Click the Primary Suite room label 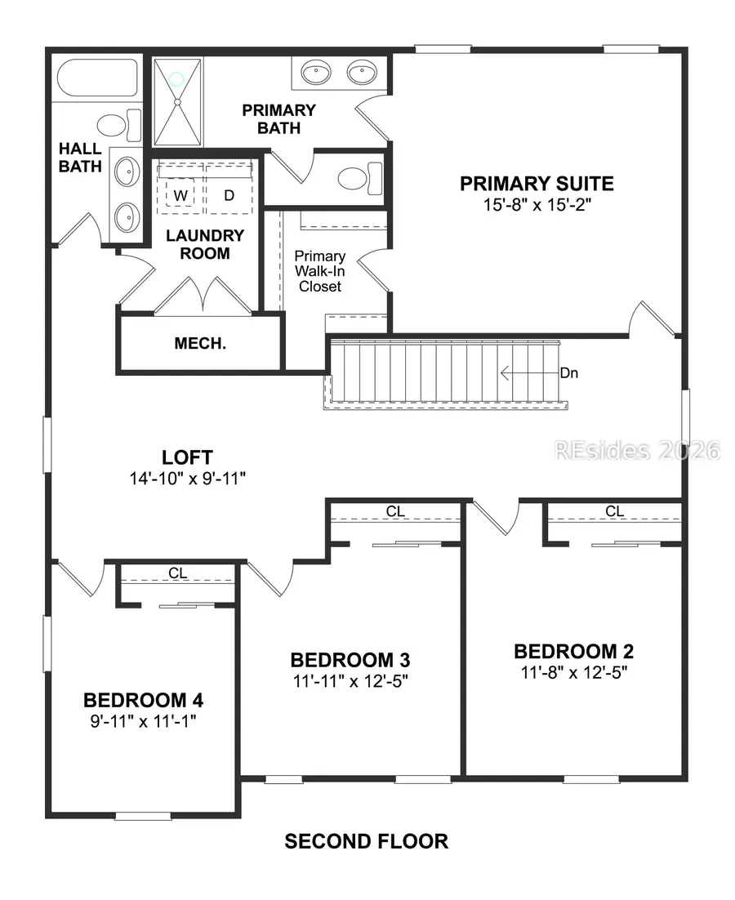536,183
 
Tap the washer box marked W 180,195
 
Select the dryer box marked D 229,195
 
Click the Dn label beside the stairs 569,372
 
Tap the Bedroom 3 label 350,659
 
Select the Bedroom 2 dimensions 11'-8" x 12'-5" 573,672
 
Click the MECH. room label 200,344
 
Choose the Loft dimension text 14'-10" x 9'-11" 188,479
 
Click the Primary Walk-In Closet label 320,271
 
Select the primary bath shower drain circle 177,80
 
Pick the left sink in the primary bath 314,74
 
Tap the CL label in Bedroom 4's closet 178,573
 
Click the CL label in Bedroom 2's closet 614,511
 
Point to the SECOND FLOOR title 366,841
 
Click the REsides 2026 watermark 637,449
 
